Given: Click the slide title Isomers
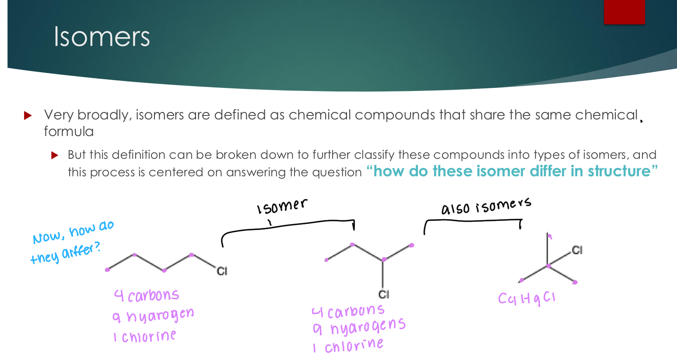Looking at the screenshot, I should (x=102, y=36).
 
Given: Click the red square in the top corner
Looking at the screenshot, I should (x=624, y=11).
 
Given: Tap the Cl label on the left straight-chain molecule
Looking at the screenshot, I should (x=222, y=271).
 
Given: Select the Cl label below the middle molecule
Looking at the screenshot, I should (x=383, y=294).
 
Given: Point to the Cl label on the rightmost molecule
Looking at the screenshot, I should (x=577, y=250).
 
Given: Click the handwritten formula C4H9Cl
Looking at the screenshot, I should (x=526, y=298).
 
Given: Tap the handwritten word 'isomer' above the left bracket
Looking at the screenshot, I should (x=282, y=206).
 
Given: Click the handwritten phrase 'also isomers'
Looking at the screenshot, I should (x=486, y=206).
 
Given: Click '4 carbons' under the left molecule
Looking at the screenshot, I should (x=147, y=296).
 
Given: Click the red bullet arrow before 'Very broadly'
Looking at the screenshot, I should (x=28, y=115).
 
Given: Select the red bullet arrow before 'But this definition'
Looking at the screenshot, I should (x=55, y=155).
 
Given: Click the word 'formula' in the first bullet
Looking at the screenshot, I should (x=69, y=132).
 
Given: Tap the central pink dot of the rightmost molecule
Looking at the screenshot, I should (x=548, y=266).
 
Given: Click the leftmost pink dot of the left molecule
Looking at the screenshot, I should (x=107, y=270).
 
